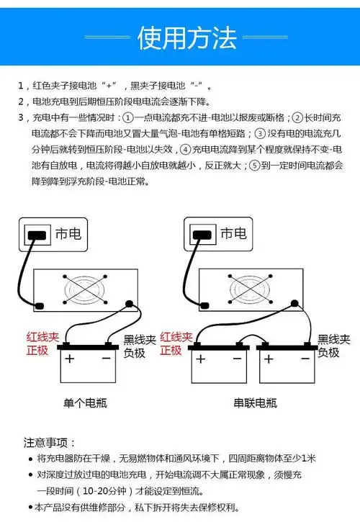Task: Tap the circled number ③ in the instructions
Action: [x=260, y=134]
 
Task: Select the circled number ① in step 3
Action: [x=127, y=118]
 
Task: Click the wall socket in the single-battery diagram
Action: [x=36, y=234]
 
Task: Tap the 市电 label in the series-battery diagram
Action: [x=233, y=233]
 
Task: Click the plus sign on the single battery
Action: [x=69, y=358]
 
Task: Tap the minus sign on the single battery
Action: [x=105, y=358]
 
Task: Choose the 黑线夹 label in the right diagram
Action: [x=333, y=339]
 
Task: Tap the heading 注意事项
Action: [x=50, y=442]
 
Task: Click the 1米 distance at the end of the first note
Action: [x=307, y=459]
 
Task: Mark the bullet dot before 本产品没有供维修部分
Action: [x=30, y=508]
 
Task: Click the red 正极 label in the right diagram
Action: [x=171, y=351]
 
